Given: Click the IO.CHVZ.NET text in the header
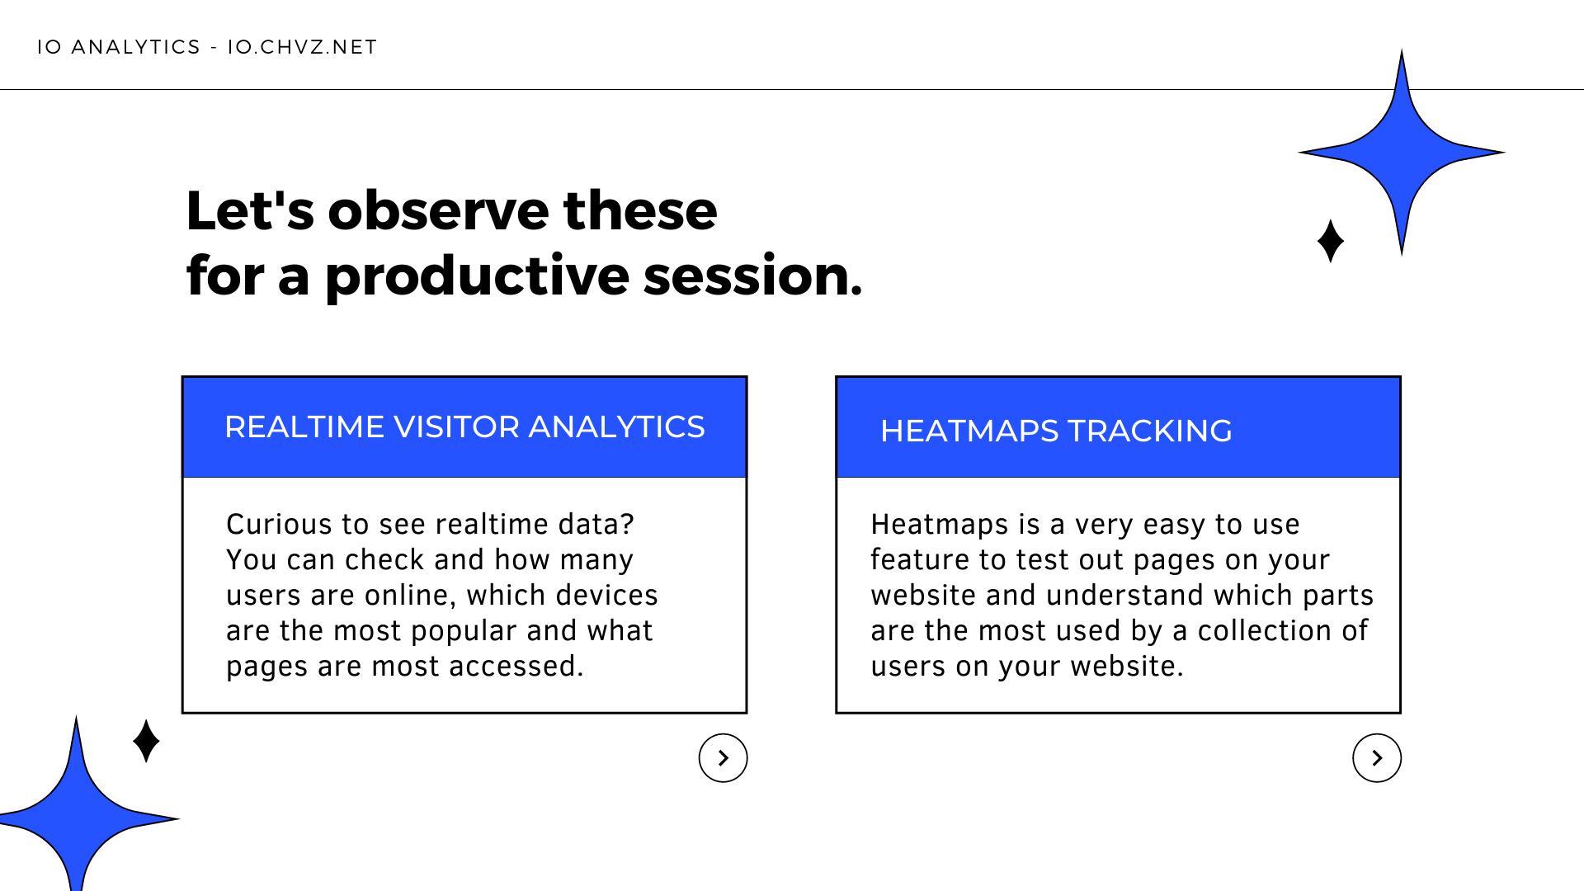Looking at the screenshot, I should click(302, 47).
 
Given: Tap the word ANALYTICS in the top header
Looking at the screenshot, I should click(136, 47).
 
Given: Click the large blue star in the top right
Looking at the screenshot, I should click(1402, 153).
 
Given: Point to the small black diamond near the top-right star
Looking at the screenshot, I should click(1330, 241).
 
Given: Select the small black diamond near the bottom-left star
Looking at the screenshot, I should click(146, 741).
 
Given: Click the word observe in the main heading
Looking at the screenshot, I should click(438, 210).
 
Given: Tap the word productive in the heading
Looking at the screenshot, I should click(477, 276).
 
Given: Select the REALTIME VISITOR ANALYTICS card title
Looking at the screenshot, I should click(464, 427).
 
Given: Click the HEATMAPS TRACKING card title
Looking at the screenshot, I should click(1056, 431).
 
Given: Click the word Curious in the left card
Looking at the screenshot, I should click(279, 525).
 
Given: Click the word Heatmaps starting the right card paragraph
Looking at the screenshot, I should click(940, 525).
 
